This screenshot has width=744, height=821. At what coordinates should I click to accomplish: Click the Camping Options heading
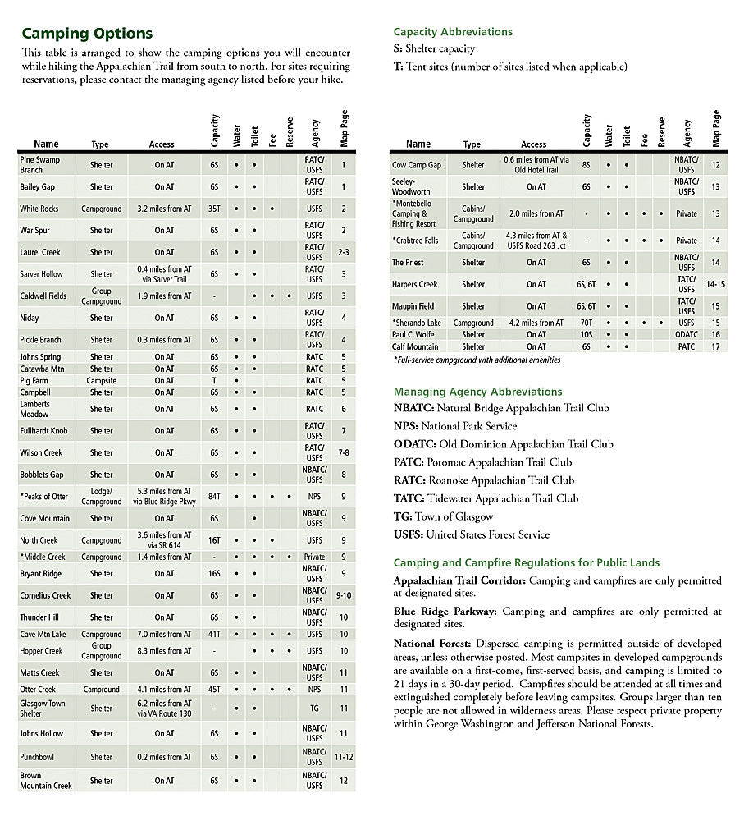87,34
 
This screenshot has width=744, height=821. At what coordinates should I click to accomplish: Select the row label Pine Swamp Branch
40,164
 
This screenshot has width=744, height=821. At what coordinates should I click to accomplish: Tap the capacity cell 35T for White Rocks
214,209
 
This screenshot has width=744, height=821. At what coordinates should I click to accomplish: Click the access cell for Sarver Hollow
164,273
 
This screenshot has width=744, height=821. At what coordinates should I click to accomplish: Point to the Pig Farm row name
34,381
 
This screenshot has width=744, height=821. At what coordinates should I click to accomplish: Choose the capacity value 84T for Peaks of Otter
214,496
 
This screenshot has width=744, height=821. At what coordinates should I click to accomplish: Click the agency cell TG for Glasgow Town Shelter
315,708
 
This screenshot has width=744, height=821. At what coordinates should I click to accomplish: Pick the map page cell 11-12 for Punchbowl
344,757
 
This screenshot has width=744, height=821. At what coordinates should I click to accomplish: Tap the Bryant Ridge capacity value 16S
214,574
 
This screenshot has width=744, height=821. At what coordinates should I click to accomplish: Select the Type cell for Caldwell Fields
102,296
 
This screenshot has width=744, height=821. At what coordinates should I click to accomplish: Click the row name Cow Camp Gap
416,165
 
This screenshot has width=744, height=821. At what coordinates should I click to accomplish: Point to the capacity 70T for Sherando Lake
587,323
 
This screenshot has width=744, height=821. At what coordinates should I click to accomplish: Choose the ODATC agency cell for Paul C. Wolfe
687,334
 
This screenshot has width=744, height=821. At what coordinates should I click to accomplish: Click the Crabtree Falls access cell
536,241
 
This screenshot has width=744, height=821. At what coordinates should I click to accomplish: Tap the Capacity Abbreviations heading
453,32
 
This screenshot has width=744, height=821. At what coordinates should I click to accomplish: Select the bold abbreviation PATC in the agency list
408,462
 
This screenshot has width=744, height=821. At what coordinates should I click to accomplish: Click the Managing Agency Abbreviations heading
477,392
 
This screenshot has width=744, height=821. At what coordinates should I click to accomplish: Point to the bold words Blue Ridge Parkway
445,612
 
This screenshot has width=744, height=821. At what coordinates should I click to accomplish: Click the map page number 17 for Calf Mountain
716,346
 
